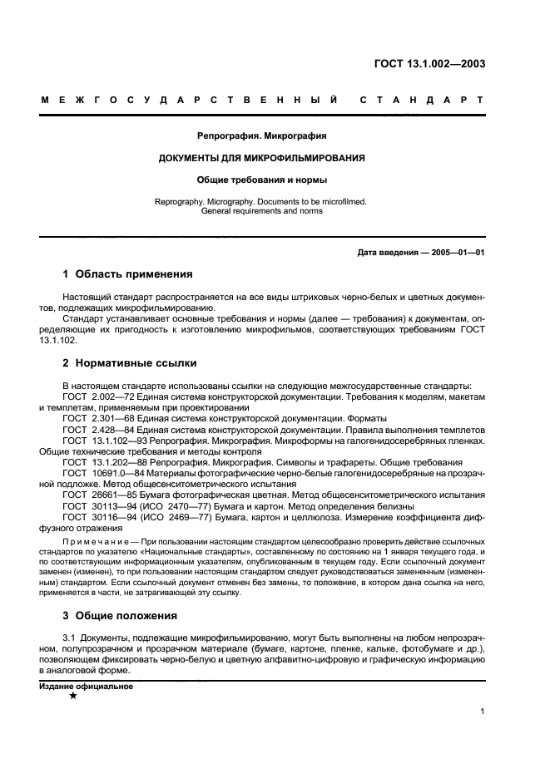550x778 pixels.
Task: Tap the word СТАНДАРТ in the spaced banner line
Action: (422, 101)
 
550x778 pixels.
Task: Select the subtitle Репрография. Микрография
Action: (262, 135)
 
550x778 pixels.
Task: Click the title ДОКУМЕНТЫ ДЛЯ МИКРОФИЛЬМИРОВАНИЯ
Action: (262, 157)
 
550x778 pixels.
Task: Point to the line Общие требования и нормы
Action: (262, 179)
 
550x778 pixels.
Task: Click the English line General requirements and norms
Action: (262, 211)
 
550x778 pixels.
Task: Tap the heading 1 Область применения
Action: (127, 273)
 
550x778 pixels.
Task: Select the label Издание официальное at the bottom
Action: (87, 687)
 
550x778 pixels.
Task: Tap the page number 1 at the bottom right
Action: (483, 711)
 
